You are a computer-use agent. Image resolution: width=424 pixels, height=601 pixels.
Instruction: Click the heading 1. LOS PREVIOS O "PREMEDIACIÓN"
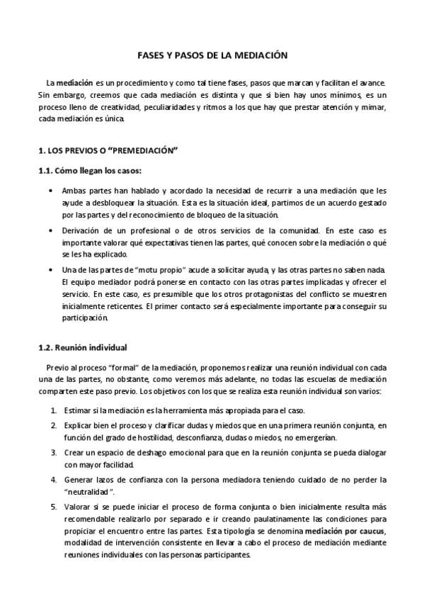[107, 152]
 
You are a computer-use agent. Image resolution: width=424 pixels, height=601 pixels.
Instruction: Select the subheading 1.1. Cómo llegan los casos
[89, 171]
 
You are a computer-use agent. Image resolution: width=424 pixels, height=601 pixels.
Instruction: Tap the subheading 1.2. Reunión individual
[81, 347]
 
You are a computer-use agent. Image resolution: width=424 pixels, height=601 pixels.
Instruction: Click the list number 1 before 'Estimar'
[54, 411]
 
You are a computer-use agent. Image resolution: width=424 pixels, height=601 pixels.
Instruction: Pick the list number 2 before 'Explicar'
[54, 425]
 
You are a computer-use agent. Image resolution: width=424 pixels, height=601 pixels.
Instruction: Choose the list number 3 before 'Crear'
[54, 452]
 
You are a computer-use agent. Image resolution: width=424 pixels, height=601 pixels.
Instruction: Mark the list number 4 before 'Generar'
[54, 480]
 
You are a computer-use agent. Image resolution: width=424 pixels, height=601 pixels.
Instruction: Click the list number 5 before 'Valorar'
[54, 507]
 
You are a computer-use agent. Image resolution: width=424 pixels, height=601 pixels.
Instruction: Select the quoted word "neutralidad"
[90, 492]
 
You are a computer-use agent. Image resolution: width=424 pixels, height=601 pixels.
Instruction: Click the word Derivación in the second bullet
[83, 231]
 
